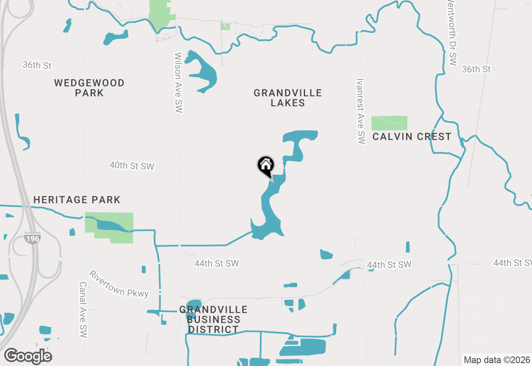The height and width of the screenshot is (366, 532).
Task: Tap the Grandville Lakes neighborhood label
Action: (288, 98)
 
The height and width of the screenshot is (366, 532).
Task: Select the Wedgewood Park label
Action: (89, 88)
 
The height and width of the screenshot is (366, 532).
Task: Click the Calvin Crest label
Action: (411, 137)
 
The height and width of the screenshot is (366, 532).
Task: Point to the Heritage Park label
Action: (77, 200)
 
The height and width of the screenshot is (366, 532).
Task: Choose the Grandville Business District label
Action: (214, 319)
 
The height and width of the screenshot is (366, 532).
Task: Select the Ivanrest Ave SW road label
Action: (360, 111)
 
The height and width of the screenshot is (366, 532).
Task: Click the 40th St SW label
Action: (132, 166)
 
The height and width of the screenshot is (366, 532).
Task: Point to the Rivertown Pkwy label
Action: (119, 284)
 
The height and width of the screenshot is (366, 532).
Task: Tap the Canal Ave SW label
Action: (83, 309)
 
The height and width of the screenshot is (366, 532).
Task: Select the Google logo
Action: (28, 356)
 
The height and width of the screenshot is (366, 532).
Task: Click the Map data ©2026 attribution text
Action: (497, 360)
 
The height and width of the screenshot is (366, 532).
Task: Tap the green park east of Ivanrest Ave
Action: (389, 123)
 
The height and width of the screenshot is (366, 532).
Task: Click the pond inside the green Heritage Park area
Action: (111, 226)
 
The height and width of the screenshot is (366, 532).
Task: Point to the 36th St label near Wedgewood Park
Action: (37, 65)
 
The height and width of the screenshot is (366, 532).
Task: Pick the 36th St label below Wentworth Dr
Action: (476, 69)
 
